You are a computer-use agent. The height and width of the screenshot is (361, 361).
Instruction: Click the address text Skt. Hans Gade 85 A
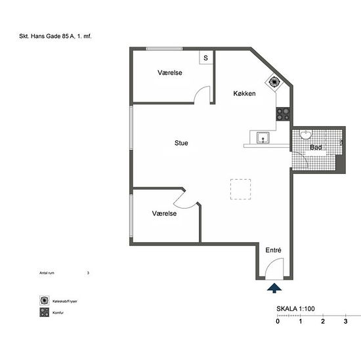click(47, 36)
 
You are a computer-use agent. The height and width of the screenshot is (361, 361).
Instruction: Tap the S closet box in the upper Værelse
click(206, 58)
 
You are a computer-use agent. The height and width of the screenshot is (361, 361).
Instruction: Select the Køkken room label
click(244, 93)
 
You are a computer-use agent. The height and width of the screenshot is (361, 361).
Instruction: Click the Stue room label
click(181, 143)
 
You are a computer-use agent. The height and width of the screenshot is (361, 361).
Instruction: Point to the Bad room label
click(316, 147)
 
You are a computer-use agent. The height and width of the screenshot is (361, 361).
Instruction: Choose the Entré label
click(273, 250)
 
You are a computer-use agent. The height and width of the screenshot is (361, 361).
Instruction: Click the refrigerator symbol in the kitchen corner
click(274, 81)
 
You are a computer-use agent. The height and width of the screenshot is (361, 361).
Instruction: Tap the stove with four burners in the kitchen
click(283, 114)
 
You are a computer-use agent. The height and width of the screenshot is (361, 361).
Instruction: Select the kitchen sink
click(263, 138)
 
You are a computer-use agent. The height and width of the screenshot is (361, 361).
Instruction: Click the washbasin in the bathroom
click(306, 135)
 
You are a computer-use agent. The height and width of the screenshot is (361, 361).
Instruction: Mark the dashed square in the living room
click(241, 189)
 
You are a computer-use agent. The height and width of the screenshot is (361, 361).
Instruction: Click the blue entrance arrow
click(274, 288)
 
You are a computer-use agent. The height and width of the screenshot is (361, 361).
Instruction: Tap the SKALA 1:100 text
click(295, 308)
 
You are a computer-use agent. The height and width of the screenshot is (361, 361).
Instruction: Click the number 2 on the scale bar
click(323, 321)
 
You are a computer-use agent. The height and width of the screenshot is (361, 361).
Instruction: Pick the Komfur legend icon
click(44, 312)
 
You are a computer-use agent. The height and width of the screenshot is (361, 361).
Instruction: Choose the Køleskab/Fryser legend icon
click(44, 301)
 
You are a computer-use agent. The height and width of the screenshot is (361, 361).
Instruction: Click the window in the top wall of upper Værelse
click(164, 49)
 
